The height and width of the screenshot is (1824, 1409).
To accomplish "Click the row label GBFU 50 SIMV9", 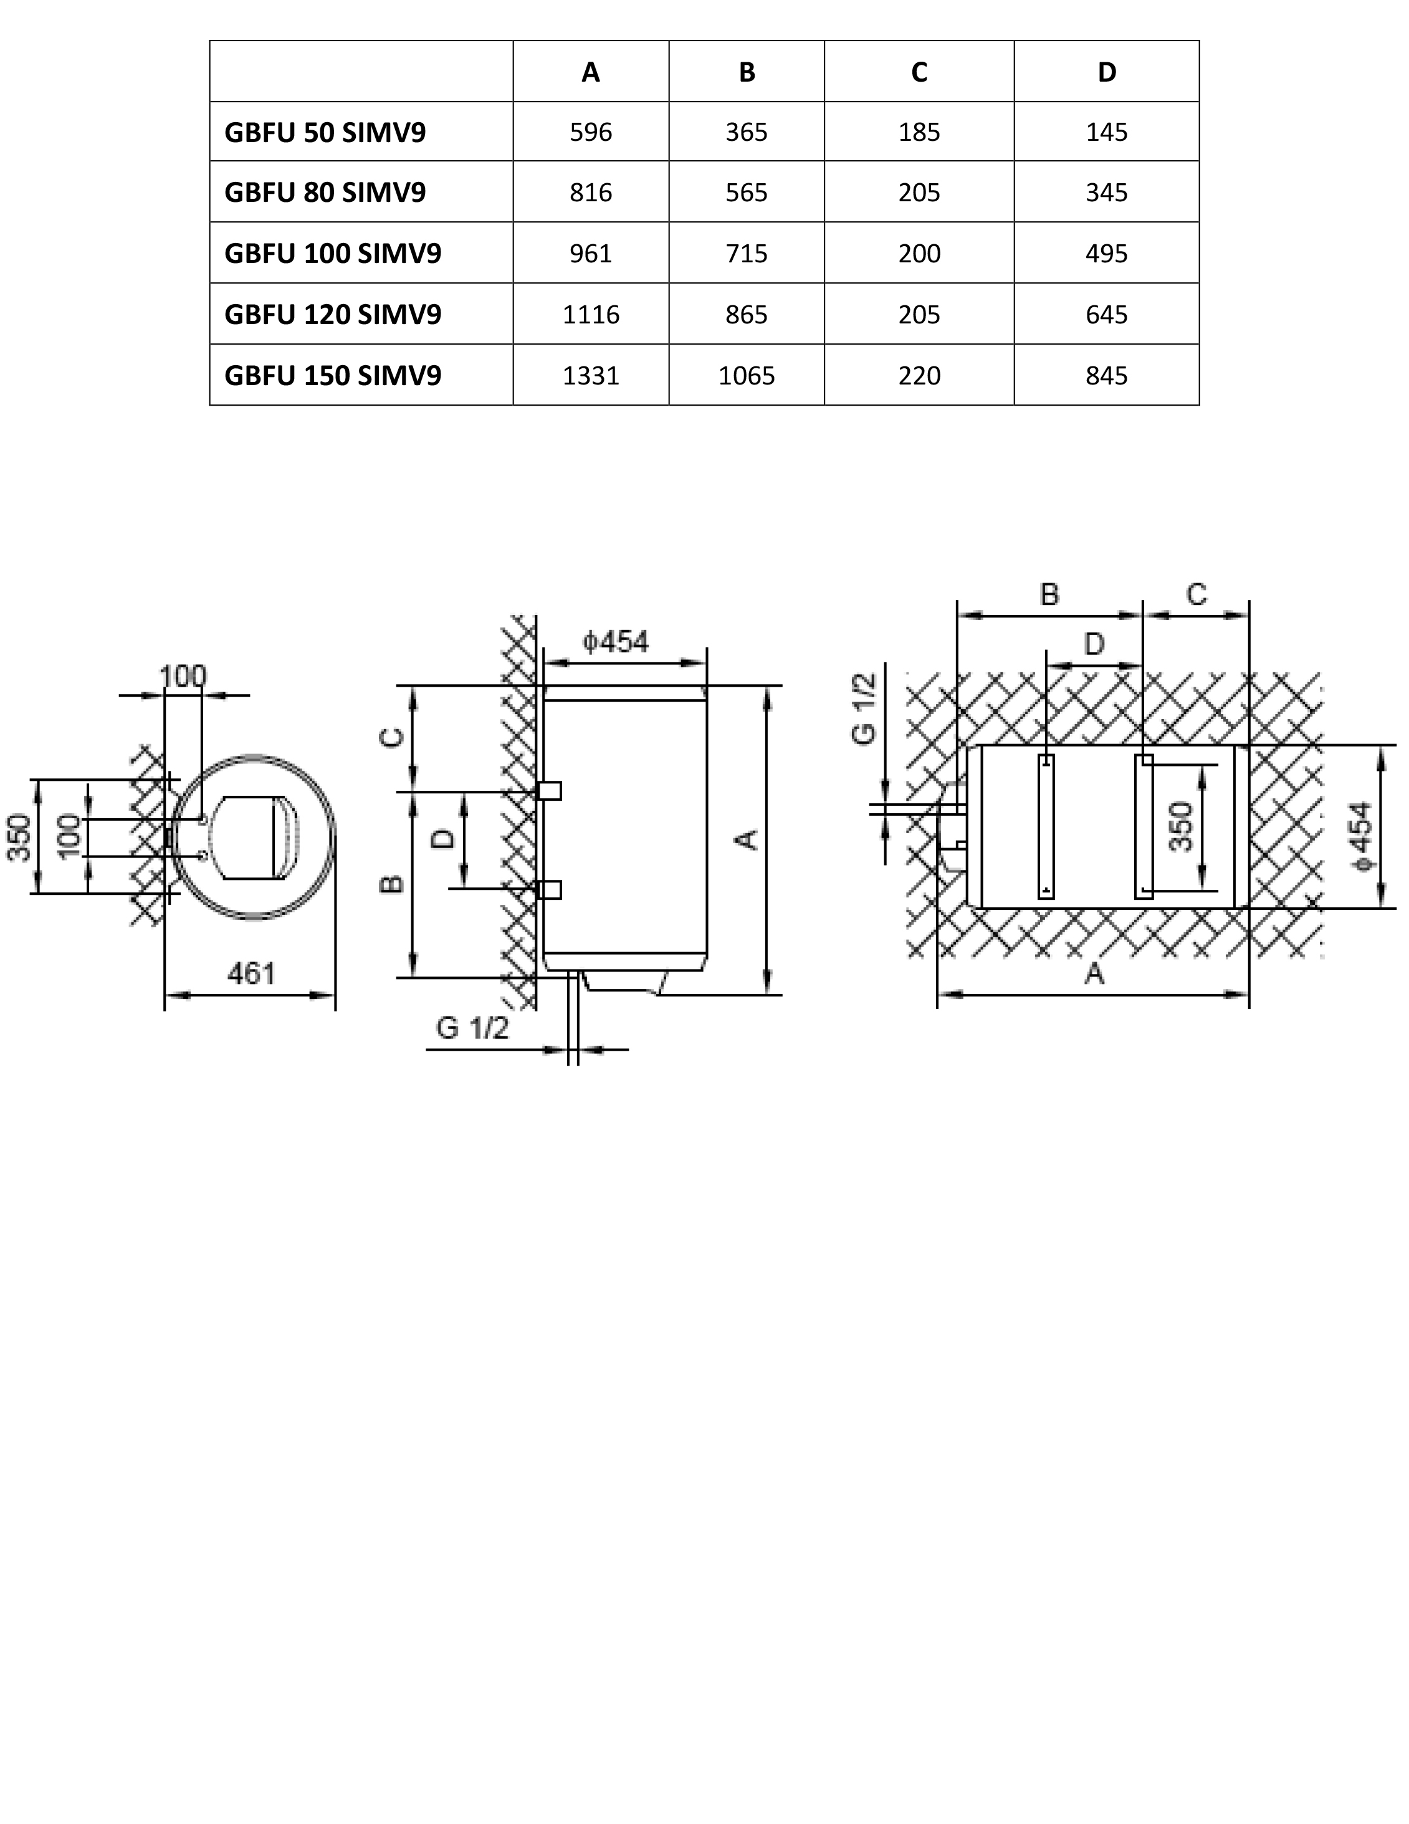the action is (x=325, y=132).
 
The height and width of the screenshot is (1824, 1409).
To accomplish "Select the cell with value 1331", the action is (x=591, y=376).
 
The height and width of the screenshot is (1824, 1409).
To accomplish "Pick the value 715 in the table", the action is (x=746, y=254).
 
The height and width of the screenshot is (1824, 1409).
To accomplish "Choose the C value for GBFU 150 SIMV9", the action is (x=919, y=376).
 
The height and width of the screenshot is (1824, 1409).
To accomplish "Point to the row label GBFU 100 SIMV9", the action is (x=332, y=254).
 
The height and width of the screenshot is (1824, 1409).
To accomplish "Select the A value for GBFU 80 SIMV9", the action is (x=591, y=193).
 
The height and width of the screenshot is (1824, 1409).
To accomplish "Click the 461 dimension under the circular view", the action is (x=251, y=973).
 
